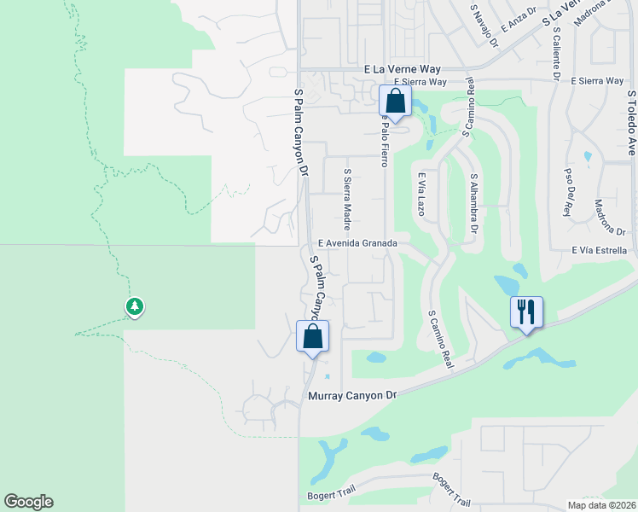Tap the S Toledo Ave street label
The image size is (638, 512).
coord(632,123)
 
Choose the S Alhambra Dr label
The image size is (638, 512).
coord(474,203)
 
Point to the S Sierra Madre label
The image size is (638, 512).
coord(347,199)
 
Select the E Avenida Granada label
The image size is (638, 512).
coord(358,243)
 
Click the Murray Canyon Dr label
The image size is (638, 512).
coord(352,396)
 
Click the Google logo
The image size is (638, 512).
coord(28,502)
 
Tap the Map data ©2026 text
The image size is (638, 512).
coord(600,505)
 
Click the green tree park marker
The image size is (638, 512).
coord(134,306)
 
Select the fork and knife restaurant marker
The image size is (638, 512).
coord(525,311)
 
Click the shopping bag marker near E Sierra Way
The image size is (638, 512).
coord(395,101)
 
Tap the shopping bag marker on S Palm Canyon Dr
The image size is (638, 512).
coord(312,336)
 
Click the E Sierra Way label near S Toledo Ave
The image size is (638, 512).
coord(599,80)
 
